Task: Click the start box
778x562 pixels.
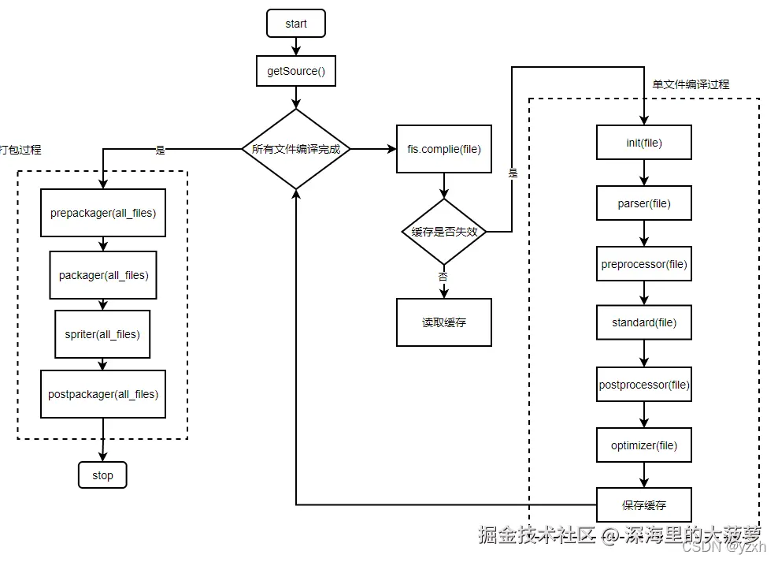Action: [296, 24]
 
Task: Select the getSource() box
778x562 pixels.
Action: [296, 71]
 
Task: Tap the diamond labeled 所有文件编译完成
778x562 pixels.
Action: [296, 149]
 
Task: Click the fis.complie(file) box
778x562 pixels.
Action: [443, 149]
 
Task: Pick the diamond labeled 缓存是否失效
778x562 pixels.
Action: [443, 232]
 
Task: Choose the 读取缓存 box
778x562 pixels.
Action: [443, 322]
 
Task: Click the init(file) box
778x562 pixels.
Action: [644, 143]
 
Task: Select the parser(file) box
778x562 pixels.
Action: [644, 203]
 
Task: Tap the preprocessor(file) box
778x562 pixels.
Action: [644, 264]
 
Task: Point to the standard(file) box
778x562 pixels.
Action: [644, 322]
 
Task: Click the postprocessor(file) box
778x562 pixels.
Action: [644, 385]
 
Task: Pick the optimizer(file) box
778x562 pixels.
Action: [644, 445]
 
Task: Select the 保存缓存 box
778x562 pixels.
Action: [644, 504]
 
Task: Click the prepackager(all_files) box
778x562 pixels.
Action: [103, 213]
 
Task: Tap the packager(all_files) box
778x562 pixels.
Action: [103, 275]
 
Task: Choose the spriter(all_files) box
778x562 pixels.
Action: [102, 334]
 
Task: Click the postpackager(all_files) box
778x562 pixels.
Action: [103, 394]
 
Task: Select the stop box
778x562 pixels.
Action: [102, 475]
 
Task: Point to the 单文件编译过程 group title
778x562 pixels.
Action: [691, 84]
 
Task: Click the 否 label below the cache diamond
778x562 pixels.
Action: [443, 277]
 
